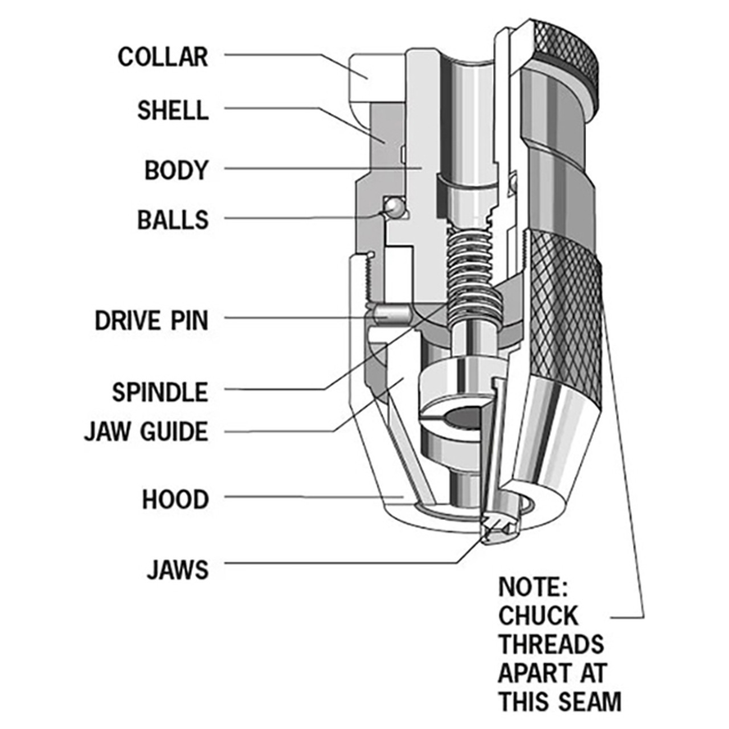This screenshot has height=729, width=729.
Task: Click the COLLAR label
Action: point(163,57)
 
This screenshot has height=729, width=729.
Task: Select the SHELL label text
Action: point(173,110)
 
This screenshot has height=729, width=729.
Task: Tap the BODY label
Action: point(176,170)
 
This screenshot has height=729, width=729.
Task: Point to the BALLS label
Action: point(173,220)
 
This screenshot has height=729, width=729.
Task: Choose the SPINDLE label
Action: point(160,392)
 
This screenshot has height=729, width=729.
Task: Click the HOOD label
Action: point(175,499)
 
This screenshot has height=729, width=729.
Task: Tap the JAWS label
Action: point(178,570)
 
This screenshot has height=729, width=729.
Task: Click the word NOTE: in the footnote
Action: point(533,587)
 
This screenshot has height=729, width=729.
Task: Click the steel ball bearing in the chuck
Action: point(393,207)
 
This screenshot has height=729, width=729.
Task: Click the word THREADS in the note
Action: point(551,644)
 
